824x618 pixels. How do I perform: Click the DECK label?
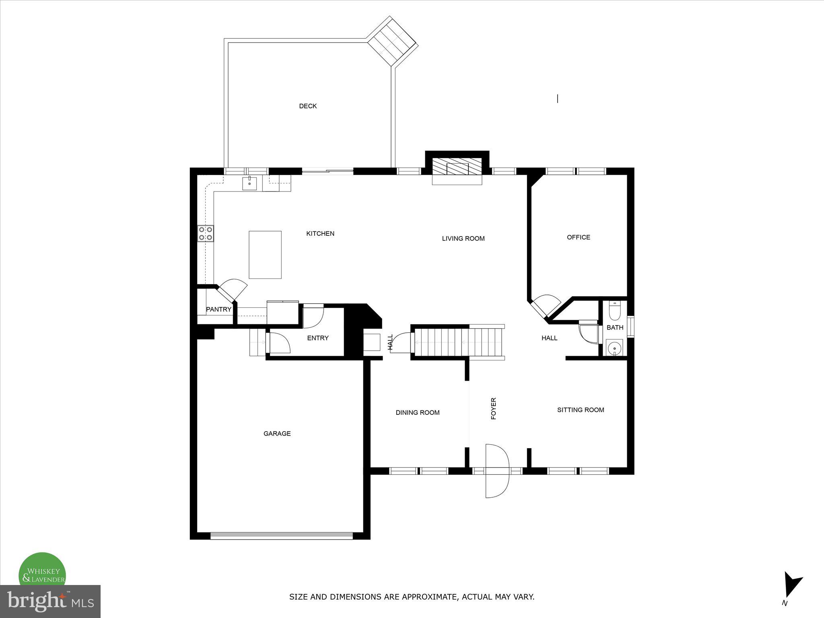coord(308,106)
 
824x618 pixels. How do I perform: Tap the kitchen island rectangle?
coord(265,255)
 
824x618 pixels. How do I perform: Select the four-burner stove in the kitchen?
coord(205,233)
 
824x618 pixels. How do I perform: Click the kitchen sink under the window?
coord(249,183)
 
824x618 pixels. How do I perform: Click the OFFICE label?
coord(578,237)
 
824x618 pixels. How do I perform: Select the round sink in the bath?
coord(614,348)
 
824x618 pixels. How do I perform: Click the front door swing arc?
coord(497,471)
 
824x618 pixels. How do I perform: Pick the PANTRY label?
coord(218,309)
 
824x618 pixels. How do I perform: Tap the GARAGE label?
coord(277,434)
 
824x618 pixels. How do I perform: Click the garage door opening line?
coord(281,536)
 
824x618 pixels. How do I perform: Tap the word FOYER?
coord(494,408)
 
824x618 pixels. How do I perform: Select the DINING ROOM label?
coord(417,412)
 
